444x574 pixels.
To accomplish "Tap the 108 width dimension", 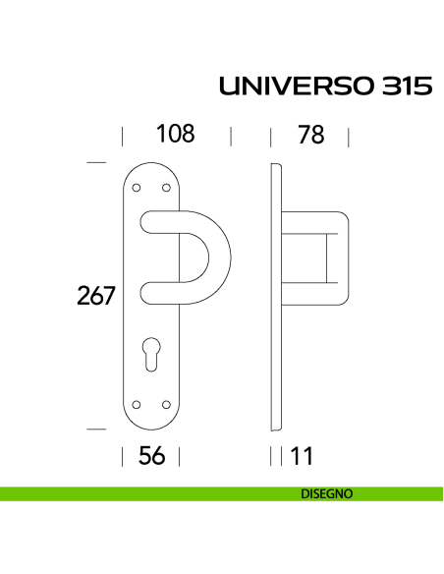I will [x=175, y=135].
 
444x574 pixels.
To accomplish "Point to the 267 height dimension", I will [x=97, y=295].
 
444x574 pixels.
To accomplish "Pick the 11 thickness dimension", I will [x=301, y=456].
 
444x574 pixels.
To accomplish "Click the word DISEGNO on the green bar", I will [x=326, y=494].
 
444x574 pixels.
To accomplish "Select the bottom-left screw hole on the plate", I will [x=138, y=403].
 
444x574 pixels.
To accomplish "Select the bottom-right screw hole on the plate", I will [x=167, y=403].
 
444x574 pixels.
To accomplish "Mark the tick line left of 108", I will [x=122, y=135].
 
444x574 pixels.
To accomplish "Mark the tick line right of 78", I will [x=350, y=135].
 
